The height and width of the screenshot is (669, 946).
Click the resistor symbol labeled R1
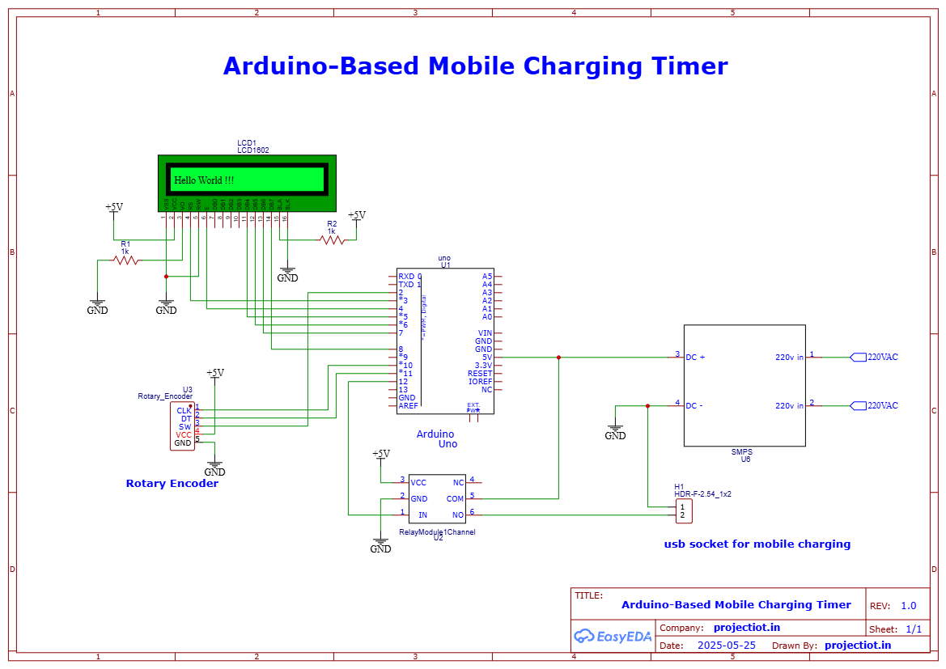coord(125,260)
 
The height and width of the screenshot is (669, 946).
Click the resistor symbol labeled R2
coord(332,240)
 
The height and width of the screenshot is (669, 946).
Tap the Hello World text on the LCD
coord(204,180)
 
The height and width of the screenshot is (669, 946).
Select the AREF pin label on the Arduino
coord(408,406)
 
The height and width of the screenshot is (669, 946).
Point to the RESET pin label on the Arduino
coord(480,374)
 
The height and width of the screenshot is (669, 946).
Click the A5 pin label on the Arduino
coord(486,276)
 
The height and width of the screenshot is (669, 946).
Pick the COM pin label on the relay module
coord(455,499)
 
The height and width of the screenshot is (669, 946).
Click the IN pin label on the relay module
coord(422,515)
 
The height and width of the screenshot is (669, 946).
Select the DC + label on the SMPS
coord(695,357)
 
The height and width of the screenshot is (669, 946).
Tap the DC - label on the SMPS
coord(694,406)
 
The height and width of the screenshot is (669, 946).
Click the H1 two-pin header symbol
coord(682,510)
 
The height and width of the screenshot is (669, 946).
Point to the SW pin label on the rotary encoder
coord(185,426)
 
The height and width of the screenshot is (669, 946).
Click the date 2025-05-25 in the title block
coord(726,646)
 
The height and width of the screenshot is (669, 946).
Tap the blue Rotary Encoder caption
coord(172,484)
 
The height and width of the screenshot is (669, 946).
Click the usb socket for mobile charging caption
coord(757,544)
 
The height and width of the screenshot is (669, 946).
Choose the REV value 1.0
coord(908,606)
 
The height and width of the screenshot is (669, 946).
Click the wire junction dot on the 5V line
coord(558,357)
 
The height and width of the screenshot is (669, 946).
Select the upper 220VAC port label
coord(882,357)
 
